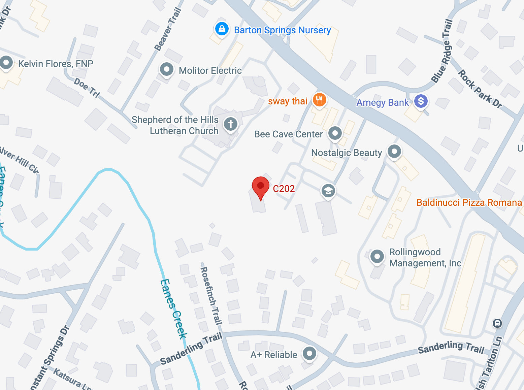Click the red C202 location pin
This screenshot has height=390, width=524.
(260, 187)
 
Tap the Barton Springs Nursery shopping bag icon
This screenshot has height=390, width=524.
(222, 29)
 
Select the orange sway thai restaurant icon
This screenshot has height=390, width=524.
(319, 100)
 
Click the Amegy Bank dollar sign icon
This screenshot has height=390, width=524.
(421, 101)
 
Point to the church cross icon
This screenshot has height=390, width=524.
(231, 124)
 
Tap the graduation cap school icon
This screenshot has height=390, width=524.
(328, 191)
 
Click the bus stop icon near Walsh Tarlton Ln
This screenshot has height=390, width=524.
(497, 323)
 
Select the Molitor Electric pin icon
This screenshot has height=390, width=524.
(166, 69)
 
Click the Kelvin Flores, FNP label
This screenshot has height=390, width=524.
(56, 64)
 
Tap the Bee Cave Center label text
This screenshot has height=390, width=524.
(288, 134)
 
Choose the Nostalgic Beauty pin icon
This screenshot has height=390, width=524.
(394, 151)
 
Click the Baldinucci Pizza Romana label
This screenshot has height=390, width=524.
(469, 202)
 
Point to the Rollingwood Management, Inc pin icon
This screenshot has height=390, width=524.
(377, 257)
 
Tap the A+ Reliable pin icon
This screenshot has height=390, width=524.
(309, 353)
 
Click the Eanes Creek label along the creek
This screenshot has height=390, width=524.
(173, 308)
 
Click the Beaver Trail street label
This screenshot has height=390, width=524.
(168, 30)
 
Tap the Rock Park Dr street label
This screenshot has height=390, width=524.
(480, 89)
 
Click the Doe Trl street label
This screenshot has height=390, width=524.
(87, 88)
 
